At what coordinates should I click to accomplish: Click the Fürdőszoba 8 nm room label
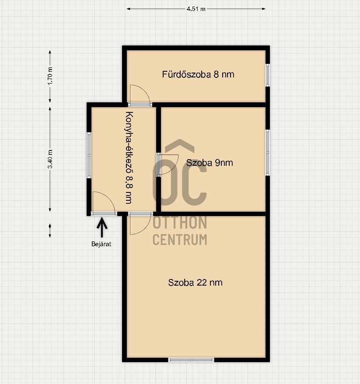point(198,74)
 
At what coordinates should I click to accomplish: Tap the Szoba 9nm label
point(210,163)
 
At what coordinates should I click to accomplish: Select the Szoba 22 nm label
point(195,283)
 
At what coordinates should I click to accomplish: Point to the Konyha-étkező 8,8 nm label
point(129,158)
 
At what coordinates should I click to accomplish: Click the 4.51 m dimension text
point(196,9)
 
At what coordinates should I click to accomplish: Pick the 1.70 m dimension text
point(50,76)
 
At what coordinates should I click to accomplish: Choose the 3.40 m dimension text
point(50,159)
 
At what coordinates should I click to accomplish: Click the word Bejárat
point(101,244)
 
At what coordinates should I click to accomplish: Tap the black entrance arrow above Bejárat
point(102,228)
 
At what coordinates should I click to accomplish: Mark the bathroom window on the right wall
point(268,75)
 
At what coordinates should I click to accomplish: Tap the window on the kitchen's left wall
point(89,155)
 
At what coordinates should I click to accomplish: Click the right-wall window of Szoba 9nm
point(268,152)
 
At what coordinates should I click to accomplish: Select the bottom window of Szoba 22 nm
point(191,360)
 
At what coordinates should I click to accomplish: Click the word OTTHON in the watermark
point(180,223)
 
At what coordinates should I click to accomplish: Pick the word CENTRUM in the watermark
point(180,240)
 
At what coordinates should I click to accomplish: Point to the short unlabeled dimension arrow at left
point(50,230)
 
